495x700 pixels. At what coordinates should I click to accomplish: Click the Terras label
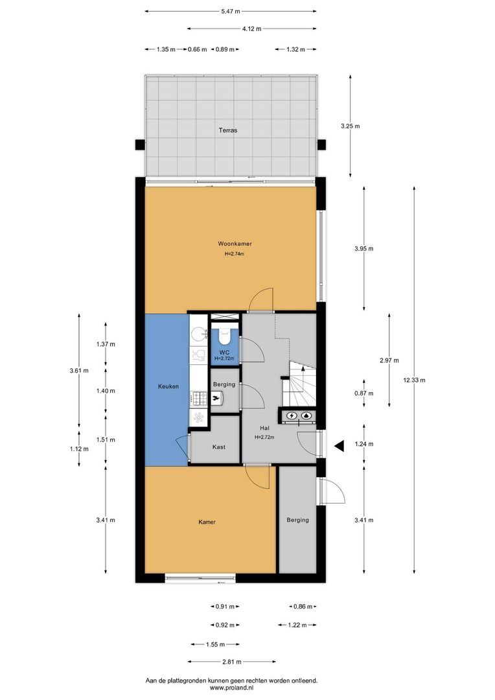[227, 130]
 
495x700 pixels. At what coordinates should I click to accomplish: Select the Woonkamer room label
[235, 244]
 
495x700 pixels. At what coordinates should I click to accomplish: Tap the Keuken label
[168, 386]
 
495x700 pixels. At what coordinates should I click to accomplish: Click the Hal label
[264, 428]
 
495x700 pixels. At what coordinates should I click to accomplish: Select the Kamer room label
[207, 522]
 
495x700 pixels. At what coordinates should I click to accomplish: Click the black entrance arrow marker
[338, 445]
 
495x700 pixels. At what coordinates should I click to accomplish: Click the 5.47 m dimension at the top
[230, 11]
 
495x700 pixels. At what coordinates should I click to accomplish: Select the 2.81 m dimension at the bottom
[230, 662]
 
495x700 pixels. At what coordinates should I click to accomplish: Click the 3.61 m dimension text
[78, 371]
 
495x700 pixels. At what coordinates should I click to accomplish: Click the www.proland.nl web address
[231, 688]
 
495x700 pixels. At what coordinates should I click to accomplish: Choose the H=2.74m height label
[235, 253]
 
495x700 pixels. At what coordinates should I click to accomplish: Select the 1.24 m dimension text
[364, 445]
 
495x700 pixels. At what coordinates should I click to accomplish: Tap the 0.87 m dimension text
[364, 393]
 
